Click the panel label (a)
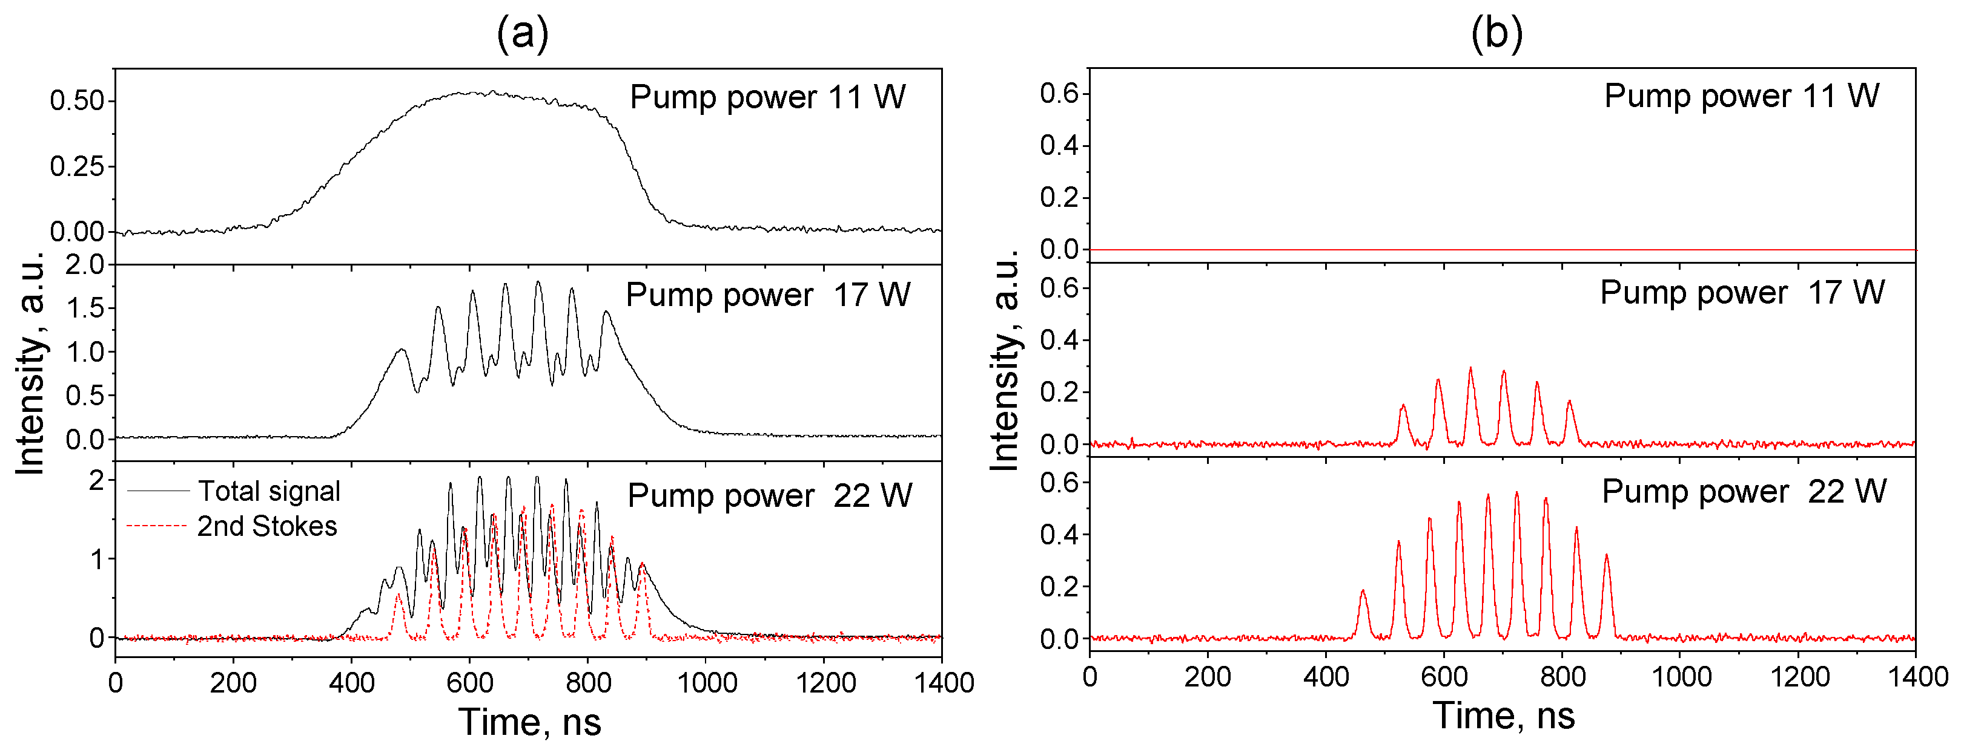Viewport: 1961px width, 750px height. (522, 33)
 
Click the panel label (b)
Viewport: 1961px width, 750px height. (1496, 33)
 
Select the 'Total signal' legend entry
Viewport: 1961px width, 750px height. (269, 491)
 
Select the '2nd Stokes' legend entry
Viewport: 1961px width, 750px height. (266, 526)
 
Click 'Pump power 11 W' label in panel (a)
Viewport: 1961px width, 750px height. (767, 97)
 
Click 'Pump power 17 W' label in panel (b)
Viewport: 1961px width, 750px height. (1742, 293)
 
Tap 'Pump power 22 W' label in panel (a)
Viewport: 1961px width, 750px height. (769, 496)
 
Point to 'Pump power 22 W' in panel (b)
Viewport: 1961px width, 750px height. (1744, 491)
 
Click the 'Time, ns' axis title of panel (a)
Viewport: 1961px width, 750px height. (529, 722)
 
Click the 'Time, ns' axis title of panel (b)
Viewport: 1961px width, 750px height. (1504, 716)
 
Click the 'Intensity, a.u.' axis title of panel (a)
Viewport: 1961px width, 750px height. (31, 362)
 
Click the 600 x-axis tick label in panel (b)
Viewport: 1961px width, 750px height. (1444, 676)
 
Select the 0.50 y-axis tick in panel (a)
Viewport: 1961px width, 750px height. (76, 101)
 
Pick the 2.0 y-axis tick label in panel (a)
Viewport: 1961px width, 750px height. (85, 265)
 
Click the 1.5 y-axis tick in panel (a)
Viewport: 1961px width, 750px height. (85, 308)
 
